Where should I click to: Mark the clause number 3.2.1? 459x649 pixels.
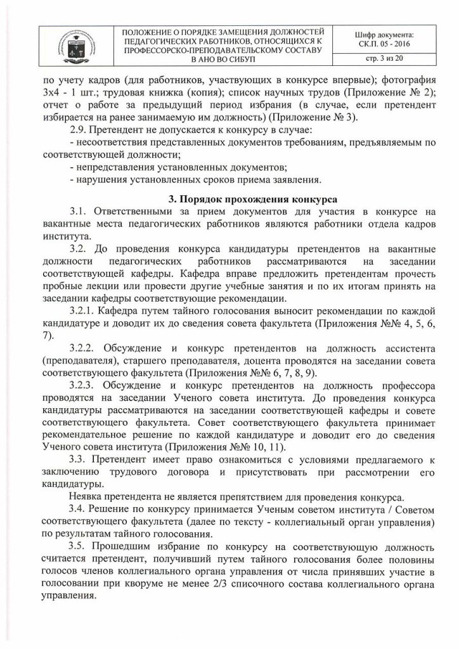[x=81, y=311]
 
